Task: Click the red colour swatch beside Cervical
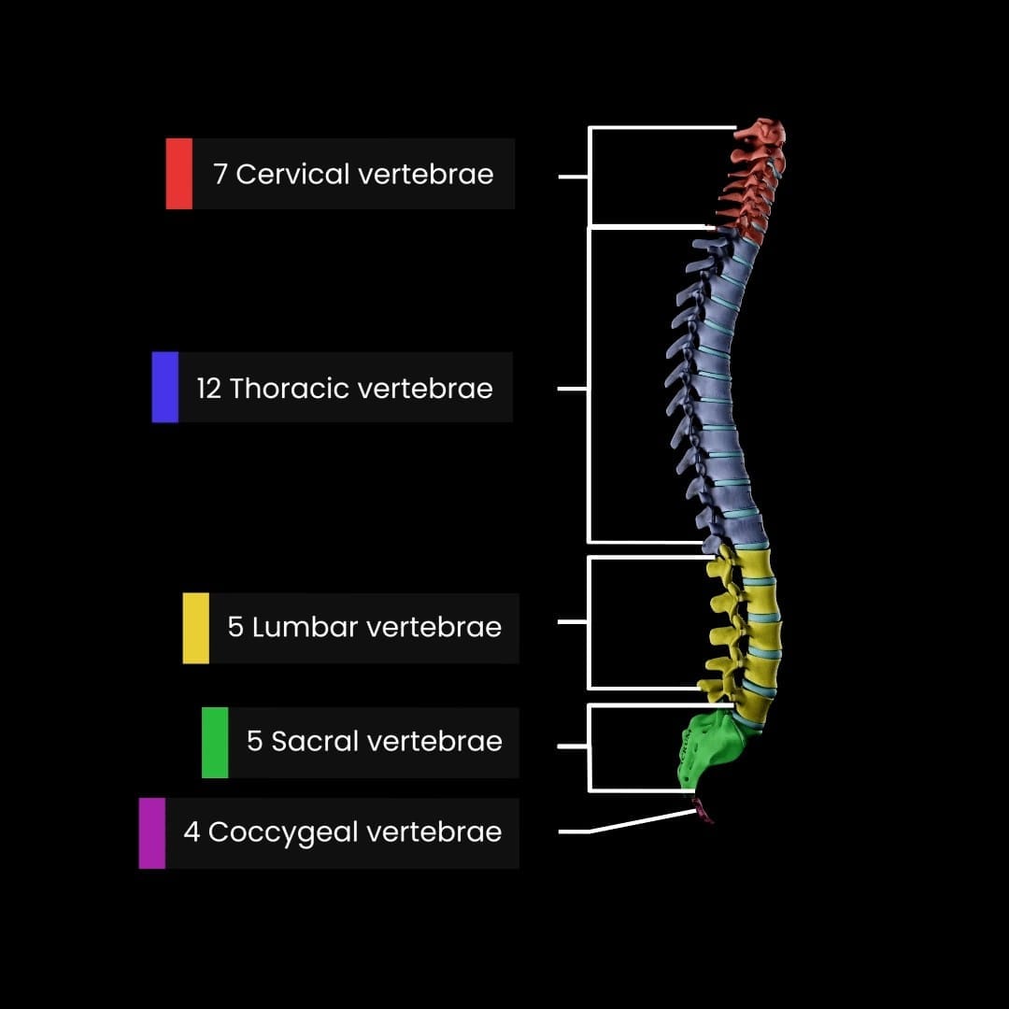[x=179, y=174]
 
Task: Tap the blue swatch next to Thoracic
[x=165, y=388]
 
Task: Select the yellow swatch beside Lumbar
[x=196, y=628]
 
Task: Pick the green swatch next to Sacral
[x=215, y=743]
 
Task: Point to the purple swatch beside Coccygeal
[x=152, y=833]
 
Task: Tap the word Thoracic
[x=290, y=389]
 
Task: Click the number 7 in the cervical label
[x=220, y=175]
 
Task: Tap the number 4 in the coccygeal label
[x=192, y=832]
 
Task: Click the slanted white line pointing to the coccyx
[x=645, y=821]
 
